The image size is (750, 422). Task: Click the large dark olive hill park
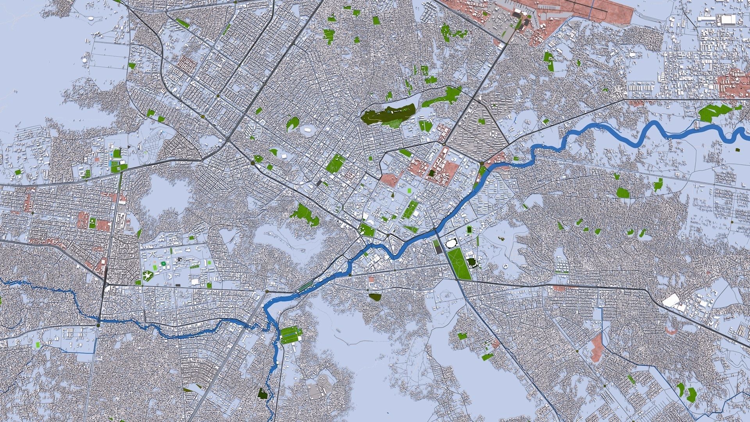387,114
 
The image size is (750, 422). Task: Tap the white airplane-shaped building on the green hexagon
148,276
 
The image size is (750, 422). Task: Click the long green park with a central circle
459,263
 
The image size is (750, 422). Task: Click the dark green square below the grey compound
263,393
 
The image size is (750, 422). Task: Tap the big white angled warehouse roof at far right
671,300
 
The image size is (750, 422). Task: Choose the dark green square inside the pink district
431,173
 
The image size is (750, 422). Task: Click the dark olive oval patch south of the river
375,297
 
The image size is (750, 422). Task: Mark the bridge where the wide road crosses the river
435,230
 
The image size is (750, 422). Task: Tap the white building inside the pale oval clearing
308,129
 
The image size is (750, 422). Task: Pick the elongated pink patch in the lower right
596,348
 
